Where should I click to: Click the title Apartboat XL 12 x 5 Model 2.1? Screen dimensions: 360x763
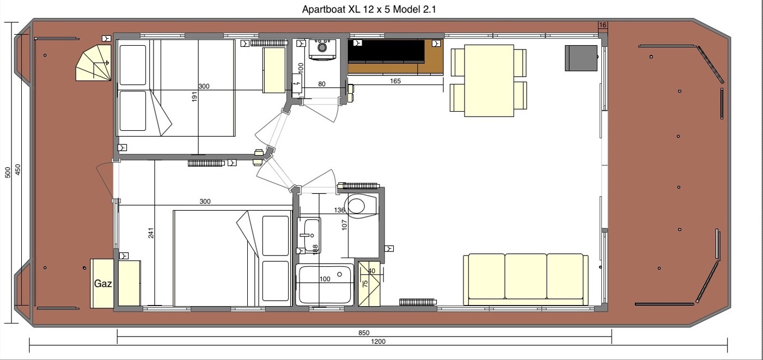[369, 9]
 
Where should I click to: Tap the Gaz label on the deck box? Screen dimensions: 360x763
[103, 284]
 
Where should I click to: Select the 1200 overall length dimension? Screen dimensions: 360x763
[378, 342]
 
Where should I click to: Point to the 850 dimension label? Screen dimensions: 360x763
[364, 333]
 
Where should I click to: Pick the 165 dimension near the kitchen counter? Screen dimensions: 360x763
[395, 81]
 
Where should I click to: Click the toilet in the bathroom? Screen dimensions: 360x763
[357, 205]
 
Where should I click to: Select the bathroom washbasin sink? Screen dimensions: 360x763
[309, 235]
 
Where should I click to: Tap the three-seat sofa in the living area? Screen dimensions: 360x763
[526, 279]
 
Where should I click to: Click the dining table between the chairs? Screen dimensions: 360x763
[489, 80]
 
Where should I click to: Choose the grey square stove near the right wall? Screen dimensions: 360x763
[581, 58]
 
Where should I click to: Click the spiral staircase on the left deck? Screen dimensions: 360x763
[94, 63]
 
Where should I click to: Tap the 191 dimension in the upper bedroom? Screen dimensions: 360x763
[194, 96]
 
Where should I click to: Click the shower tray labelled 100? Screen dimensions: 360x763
[325, 284]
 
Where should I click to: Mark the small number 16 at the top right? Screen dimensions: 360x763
[602, 25]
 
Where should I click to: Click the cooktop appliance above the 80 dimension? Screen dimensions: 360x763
[321, 48]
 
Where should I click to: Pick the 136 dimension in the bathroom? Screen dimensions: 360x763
[339, 210]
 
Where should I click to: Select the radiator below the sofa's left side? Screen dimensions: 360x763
[418, 301]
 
